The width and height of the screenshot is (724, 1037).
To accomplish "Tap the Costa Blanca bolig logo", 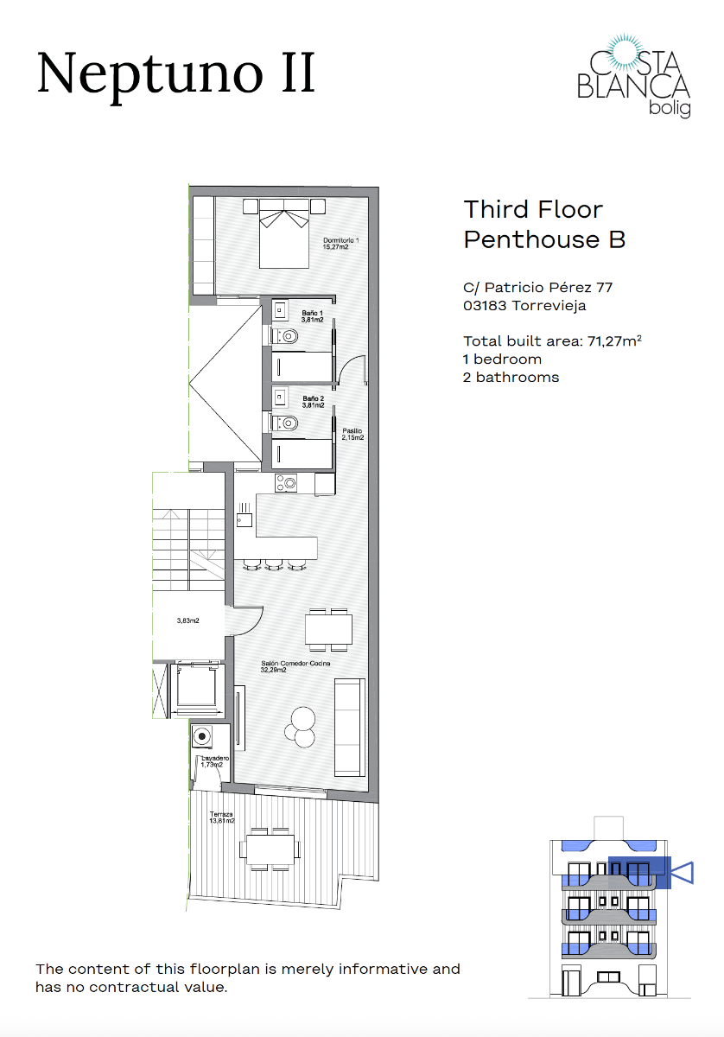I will (x=632, y=76).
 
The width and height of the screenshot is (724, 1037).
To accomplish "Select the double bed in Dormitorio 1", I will (x=284, y=232).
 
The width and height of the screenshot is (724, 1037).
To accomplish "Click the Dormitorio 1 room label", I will (x=340, y=244).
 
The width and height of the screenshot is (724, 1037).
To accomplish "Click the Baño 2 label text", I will (x=312, y=401).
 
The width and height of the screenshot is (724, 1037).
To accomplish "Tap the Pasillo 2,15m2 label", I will (x=352, y=434).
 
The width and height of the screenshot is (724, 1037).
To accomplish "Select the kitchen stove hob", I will (x=285, y=483).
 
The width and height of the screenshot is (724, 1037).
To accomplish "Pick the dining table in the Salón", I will (x=328, y=627).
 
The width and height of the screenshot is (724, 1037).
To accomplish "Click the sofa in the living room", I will (x=350, y=726).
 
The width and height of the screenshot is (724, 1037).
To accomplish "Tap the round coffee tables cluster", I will (x=302, y=725).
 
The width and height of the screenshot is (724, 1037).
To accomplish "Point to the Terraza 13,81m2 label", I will (x=223, y=818).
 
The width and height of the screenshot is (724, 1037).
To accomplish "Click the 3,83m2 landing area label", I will (x=187, y=620).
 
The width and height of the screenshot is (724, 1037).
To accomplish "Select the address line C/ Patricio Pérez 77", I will (x=537, y=287).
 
